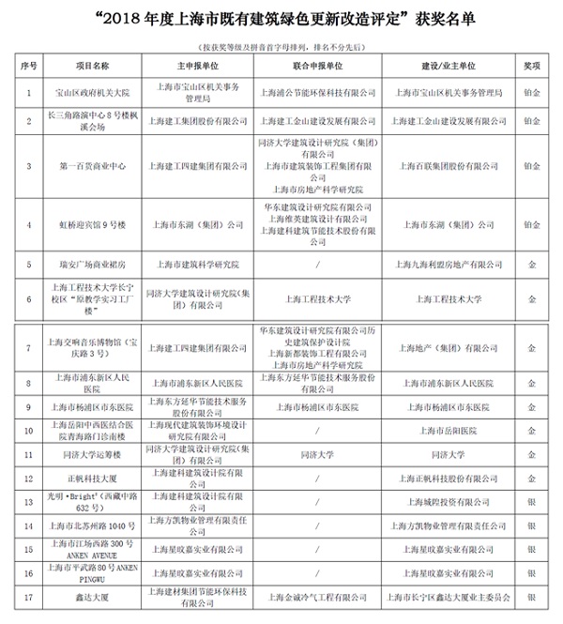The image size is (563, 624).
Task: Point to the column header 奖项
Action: pyautogui.click(x=531, y=68)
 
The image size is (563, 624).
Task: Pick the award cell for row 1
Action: pyautogui.click(x=531, y=94)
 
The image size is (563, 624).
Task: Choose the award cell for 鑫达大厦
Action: pyautogui.click(x=531, y=594)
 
